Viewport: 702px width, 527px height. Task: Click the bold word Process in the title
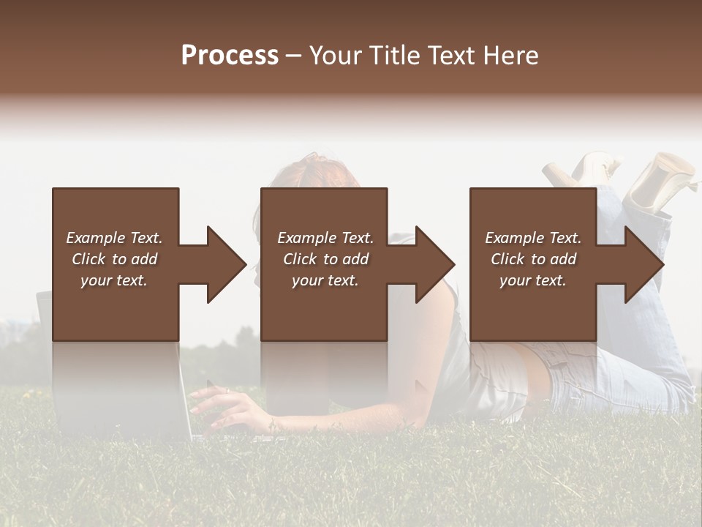(x=230, y=56)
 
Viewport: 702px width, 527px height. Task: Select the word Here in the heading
(x=510, y=56)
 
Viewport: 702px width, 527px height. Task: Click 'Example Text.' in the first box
(x=114, y=238)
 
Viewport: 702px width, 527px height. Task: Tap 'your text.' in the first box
(x=114, y=280)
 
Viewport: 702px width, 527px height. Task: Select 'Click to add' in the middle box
(x=325, y=259)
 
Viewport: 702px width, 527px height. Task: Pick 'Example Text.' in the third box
(x=533, y=238)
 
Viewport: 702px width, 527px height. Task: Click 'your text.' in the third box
(x=533, y=280)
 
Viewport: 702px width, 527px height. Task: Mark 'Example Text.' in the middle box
(x=325, y=238)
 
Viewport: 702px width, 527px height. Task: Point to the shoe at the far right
(x=662, y=179)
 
